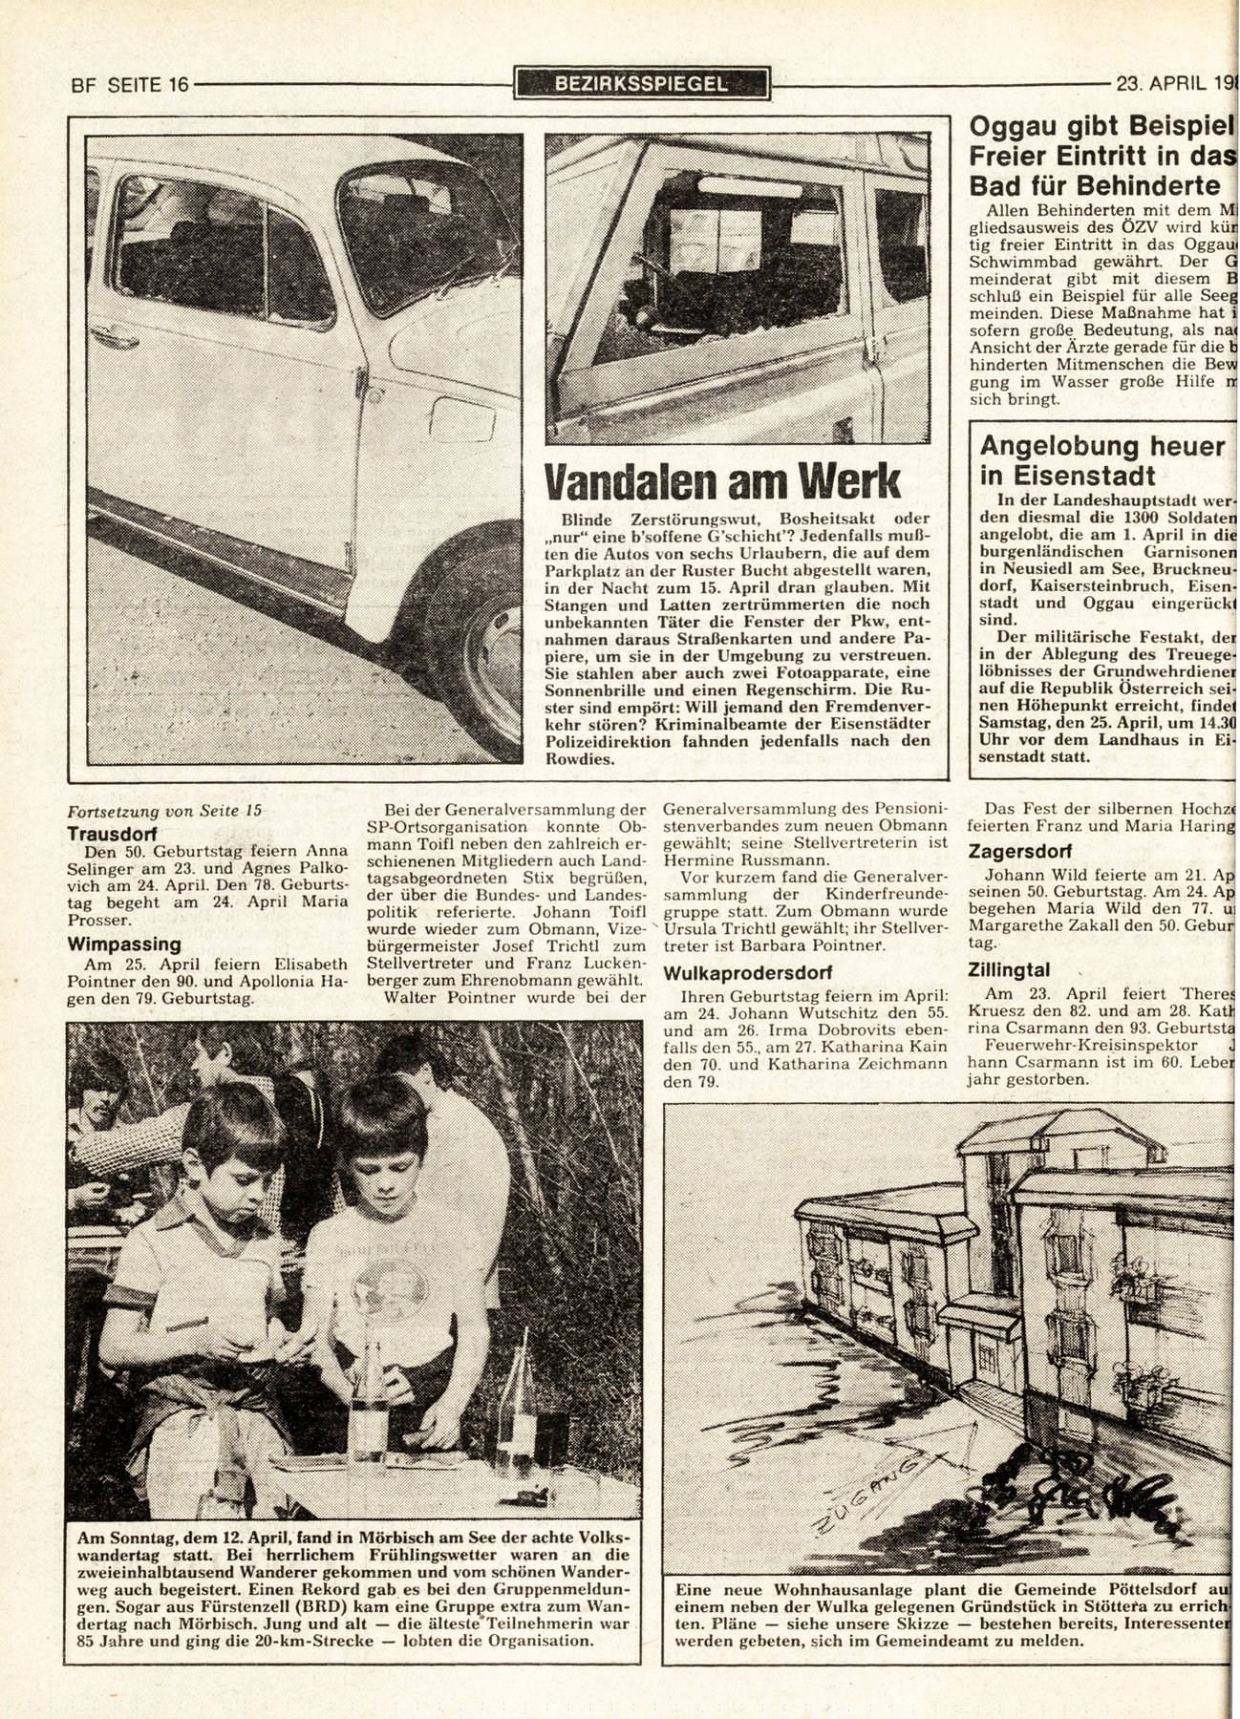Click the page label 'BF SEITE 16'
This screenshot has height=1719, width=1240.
130,84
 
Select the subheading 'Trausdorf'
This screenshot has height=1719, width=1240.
110,833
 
